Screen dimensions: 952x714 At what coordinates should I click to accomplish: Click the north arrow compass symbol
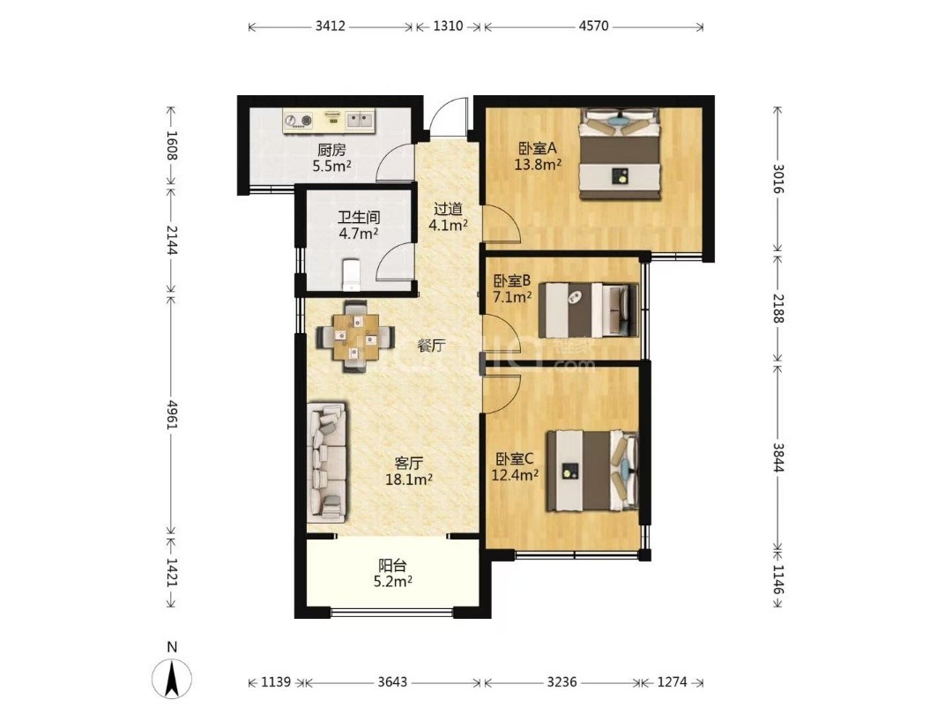tap(172, 676)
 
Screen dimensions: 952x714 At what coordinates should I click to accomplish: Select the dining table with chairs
tap(355, 337)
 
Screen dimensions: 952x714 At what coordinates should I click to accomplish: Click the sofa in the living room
tap(327, 462)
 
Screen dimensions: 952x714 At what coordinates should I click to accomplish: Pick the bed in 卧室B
tap(589, 310)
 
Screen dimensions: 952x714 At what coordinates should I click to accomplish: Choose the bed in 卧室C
tap(592, 471)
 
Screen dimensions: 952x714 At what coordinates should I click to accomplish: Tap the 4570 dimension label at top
tap(594, 26)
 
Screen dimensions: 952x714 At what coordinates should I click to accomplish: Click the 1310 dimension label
tap(448, 26)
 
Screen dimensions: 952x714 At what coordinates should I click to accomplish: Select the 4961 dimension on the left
tap(172, 414)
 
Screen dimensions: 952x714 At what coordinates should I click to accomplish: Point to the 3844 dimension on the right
tap(778, 457)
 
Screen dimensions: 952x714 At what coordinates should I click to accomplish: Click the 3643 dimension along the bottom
tap(392, 681)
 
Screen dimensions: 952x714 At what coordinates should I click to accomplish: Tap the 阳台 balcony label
tap(392, 566)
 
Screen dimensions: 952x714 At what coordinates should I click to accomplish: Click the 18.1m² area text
tap(409, 480)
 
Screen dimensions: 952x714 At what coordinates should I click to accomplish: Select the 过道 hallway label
tap(448, 210)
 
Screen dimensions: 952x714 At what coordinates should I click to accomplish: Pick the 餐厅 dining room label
tap(432, 346)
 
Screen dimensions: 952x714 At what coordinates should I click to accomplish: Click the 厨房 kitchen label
tap(331, 150)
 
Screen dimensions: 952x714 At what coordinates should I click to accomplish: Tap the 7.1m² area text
tap(512, 297)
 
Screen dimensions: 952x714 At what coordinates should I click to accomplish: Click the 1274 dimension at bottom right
tap(672, 681)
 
